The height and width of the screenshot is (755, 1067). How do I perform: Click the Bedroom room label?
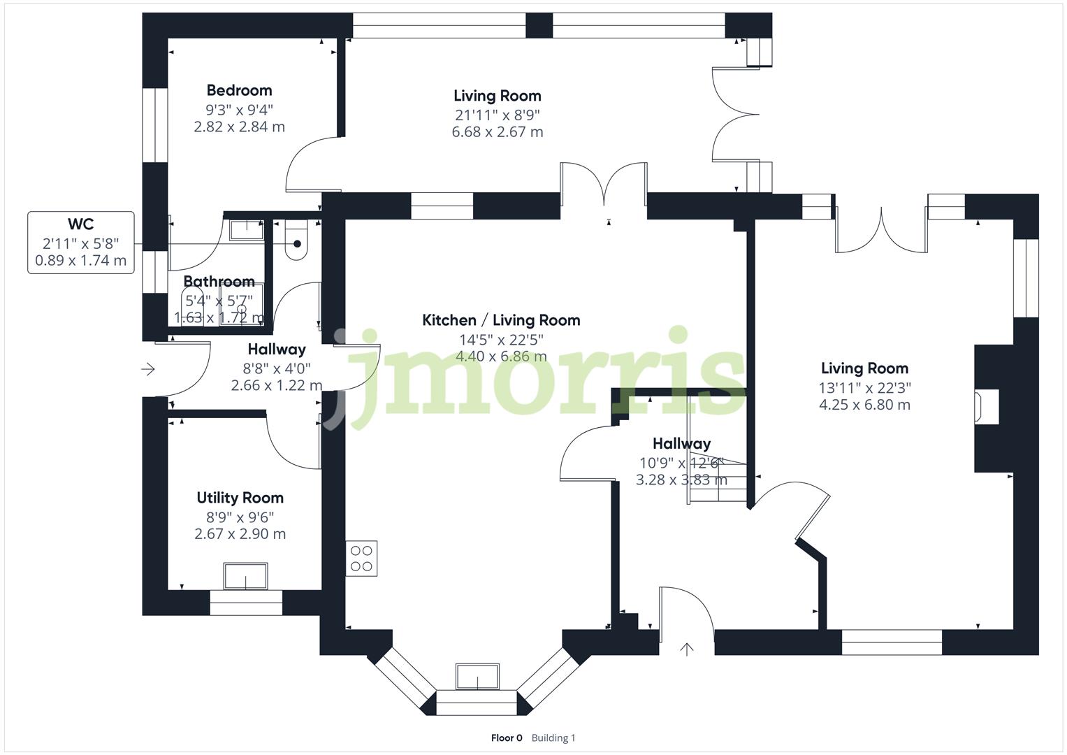point(239,90)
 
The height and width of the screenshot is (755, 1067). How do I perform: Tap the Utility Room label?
point(240,498)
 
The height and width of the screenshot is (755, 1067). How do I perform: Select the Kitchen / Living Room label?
point(501,320)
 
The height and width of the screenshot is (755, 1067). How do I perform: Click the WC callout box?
point(81,242)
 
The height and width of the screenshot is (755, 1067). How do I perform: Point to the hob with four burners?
point(361,559)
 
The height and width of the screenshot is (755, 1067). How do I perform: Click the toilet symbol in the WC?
point(296,240)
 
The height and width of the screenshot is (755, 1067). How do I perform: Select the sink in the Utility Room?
point(245,576)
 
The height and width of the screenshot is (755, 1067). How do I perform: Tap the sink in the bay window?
point(477,676)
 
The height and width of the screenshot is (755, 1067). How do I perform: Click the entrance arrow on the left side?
point(148,369)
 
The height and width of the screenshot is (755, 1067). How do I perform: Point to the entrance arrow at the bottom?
point(687,649)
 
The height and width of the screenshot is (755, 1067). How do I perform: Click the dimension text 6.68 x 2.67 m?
point(497,132)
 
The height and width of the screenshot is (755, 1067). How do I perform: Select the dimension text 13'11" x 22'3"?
point(864,387)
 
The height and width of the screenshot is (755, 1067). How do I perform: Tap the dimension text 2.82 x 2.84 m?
point(239,127)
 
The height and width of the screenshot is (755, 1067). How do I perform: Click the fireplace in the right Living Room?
point(986,407)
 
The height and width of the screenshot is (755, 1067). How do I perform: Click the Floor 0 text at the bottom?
point(507,738)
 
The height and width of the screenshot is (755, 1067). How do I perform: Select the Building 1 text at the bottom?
point(553,738)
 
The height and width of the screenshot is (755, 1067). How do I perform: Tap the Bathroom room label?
point(219,282)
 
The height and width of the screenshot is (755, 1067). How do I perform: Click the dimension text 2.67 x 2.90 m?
point(240,534)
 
